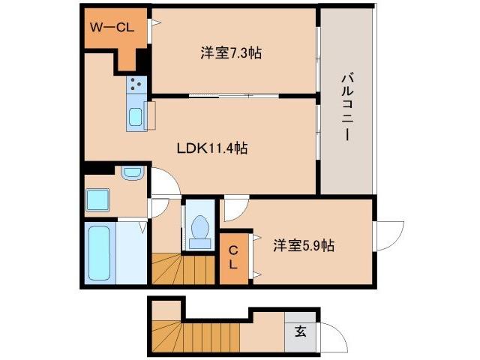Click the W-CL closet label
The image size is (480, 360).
(112, 29)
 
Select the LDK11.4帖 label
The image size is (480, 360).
(211, 148)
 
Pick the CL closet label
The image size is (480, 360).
(233, 257)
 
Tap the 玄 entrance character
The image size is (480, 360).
(299, 331)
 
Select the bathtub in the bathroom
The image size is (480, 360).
(99, 253)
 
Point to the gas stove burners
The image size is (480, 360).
(136, 85)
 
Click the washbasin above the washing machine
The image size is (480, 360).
(132, 174)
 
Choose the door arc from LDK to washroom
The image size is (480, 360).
(164, 181)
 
